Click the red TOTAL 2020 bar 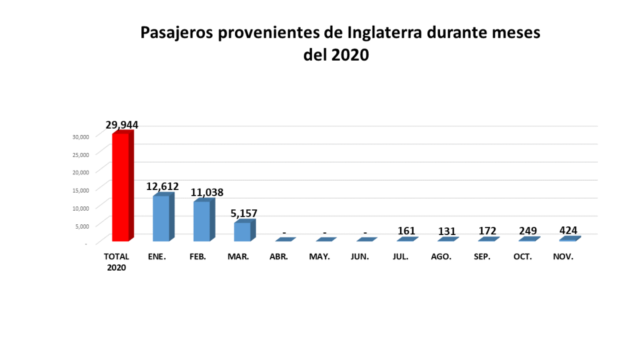[121, 187]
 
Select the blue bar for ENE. [161, 219]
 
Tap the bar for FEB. [202, 221]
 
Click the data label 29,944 [122, 125]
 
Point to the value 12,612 [162, 186]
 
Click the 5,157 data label [244, 214]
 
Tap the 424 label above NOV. [568, 230]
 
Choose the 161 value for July [406, 231]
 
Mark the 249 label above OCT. [528, 231]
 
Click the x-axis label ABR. [279, 257]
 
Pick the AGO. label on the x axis [441, 257]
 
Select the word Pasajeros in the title [177, 32]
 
